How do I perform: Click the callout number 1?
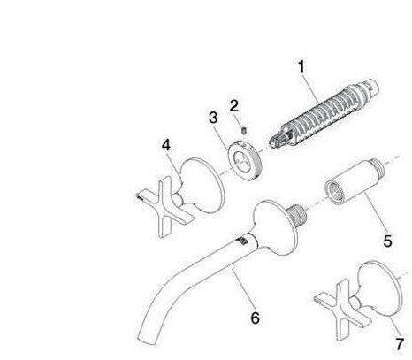click(x=301, y=67)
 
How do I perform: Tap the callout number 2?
click(x=233, y=105)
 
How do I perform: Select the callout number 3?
click(x=213, y=118)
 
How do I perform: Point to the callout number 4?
click(x=166, y=145)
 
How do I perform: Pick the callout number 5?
click(x=387, y=241)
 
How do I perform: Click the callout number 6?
click(x=256, y=318)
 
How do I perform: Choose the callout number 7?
click(x=400, y=344)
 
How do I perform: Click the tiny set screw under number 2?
click(x=244, y=130)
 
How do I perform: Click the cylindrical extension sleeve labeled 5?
click(x=355, y=182)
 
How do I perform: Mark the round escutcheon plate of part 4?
click(x=203, y=185)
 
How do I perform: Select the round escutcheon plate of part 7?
click(x=381, y=287)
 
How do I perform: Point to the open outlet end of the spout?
click(x=147, y=341)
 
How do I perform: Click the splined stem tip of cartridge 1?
click(x=276, y=140)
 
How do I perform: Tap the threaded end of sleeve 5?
click(x=378, y=166)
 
